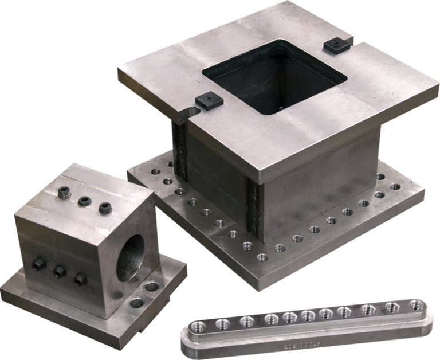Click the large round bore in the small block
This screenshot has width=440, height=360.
click(x=133, y=252)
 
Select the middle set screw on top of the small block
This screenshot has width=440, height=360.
click(x=84, y=201)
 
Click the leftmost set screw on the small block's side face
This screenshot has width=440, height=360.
click(x=38, y=264)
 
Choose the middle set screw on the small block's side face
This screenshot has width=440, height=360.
click(x=59, y=272)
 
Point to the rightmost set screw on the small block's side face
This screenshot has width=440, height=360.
click(x=80, y=280)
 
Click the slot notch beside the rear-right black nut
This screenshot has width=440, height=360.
click(x=351, y=41)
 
